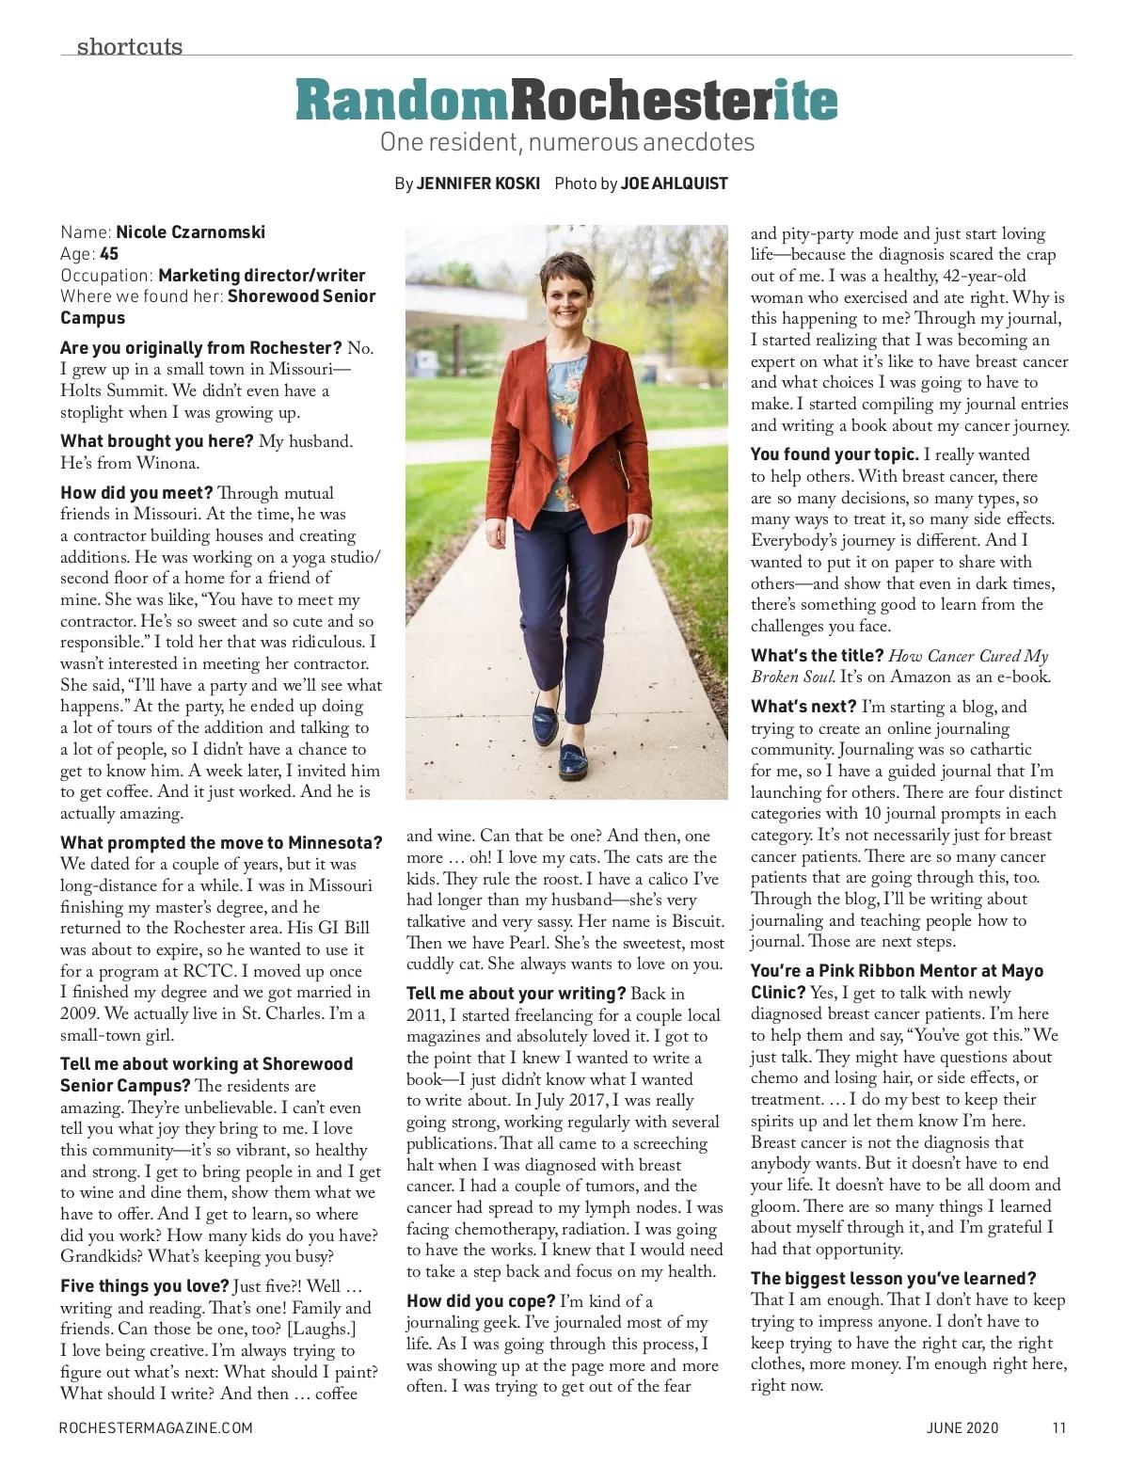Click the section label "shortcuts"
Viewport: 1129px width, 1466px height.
[x=130, y=45]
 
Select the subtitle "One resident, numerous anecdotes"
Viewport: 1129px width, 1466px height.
[x=566, y=143]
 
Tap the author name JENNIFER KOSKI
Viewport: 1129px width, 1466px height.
[x=479, y=183]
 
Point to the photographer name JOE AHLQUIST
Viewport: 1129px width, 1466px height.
[x=674, y=183]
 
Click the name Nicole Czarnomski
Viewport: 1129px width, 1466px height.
[x=190, y=232]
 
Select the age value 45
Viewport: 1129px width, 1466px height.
[x=108, y=254]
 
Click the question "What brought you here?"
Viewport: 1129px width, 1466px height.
[x=156, y=441]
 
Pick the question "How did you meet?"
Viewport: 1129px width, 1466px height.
[x=136, y=493]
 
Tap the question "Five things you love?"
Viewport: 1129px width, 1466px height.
[x=144, y=1286]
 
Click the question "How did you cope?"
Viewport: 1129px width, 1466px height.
[x=481, y=1301]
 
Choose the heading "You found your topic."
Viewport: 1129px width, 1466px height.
[x=835, y=455]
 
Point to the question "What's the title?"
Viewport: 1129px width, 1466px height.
[x=817, y=656]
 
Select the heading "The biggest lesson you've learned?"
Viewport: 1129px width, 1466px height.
[x=893, y=1279]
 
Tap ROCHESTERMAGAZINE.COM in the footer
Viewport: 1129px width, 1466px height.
[x=155, y=1427]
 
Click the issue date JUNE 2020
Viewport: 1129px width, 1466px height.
[x=962, y=1427]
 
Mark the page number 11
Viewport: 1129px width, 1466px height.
[x=1058, y=1427]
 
